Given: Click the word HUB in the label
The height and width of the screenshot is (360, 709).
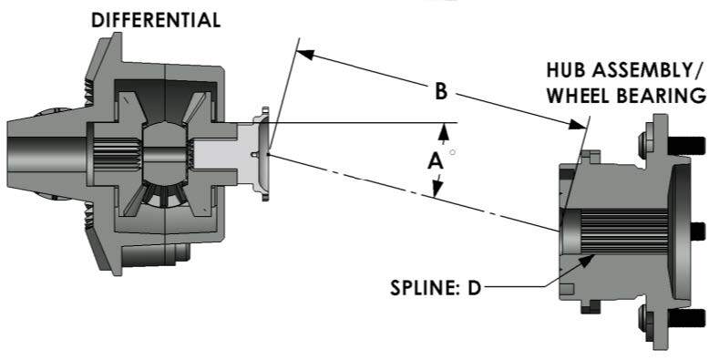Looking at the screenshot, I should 565,69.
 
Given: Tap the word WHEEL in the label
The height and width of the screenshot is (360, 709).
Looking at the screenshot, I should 580,94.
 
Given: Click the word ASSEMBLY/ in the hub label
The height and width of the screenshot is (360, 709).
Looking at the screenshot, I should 648,69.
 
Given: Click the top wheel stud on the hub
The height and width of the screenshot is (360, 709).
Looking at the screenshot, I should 690,144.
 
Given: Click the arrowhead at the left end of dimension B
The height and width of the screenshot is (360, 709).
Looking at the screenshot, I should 306,54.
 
